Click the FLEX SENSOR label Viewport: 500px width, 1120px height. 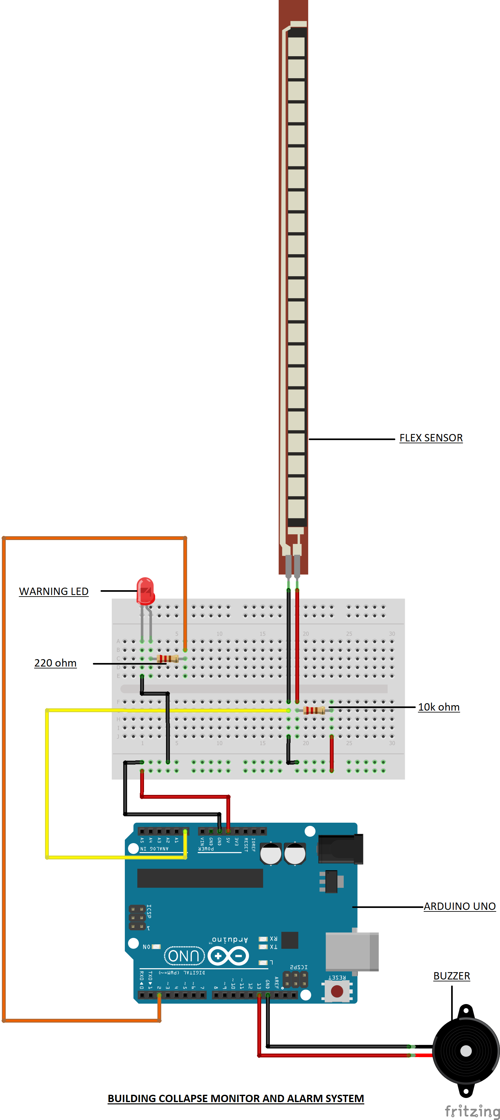pyautogui.click(x=431, y=438)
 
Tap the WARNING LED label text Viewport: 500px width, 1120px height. pyautogui.click(x=53, y=591)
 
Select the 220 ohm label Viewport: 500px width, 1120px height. pyautogui.click(x=55, y=663)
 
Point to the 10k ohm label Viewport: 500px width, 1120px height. pyautogui.click(x=439, y=707)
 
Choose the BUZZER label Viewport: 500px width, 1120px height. pyautogui.click(x=451, y=976)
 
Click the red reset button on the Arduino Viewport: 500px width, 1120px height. pyautogui.click(x=337, y=991)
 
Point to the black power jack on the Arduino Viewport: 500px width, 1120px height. pyautogui.click(x=340, y=849)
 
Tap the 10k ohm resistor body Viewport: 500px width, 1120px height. pyautogui.click(x=314, y=711)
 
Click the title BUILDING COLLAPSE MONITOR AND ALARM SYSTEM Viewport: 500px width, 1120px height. pyautogui.click(x=236, y=1098)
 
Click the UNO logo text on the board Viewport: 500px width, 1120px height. pyautogui.click(x=184, y=955)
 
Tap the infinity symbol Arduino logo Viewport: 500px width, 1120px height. pyautogui.click(x=228, y=956)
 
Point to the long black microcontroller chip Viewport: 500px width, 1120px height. pyautogui.click(x=200, y=878)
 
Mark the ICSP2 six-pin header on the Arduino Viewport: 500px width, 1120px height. pyautogui.click(x=296, y=979)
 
